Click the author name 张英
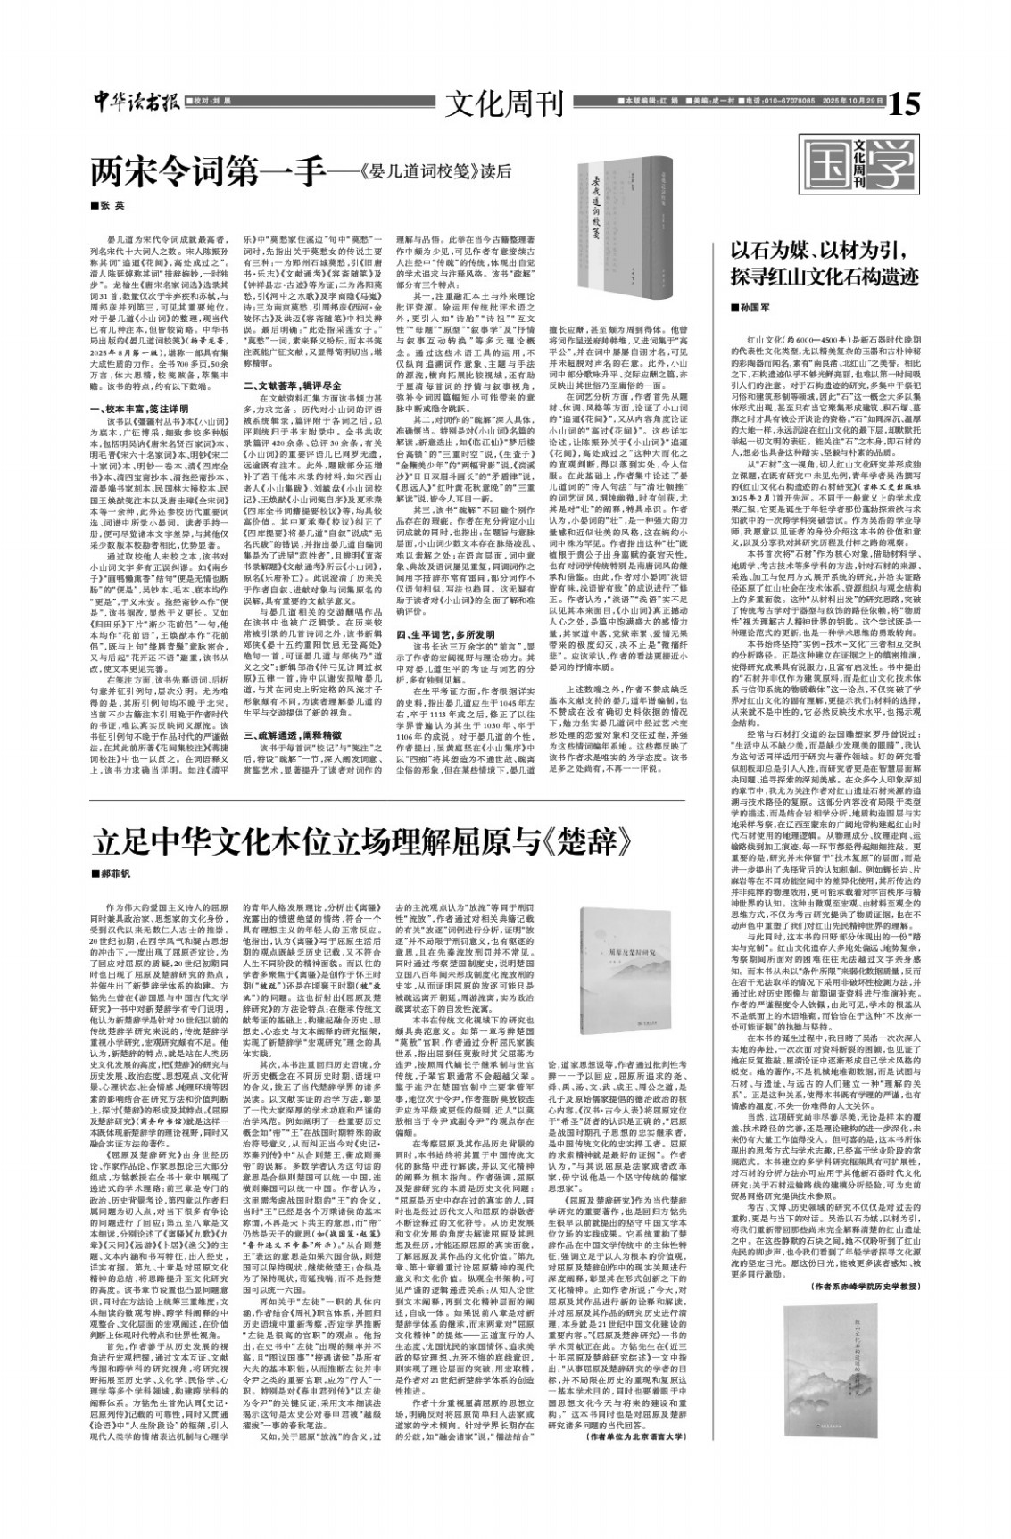pyautogui.click(x=113, y=204)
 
